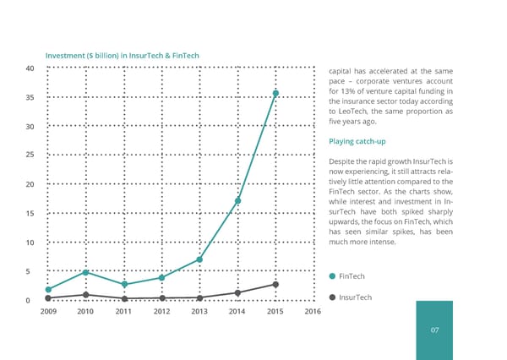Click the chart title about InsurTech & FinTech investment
coord(123,56)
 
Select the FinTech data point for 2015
coord(275,93)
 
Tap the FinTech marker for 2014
coord(237,200)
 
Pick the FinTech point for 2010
coord(86,272)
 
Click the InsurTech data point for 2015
coord(275,284)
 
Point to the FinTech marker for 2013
coord(199,259)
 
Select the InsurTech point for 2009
coord(48,297)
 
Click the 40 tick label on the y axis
coord(30,68)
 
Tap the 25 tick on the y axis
coord(30,155)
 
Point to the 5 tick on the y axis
coord(31,271)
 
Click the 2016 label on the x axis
coord(313,312)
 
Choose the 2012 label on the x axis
coord(161,312)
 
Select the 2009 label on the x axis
coord(48,312)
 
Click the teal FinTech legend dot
coord(332,276)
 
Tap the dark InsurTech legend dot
coord(332,297)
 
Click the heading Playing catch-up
coord(357,141)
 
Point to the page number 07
coord(435,330)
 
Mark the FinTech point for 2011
coord(124,284)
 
